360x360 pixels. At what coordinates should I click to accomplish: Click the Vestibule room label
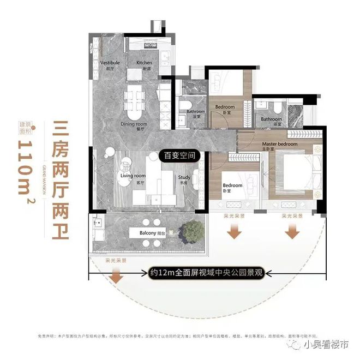[x=110, y=65]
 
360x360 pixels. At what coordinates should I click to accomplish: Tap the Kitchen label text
[x=144, y=65]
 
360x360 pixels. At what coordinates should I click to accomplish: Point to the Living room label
[x=133, y=178]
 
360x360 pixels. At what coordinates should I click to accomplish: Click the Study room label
[x=183, y=179]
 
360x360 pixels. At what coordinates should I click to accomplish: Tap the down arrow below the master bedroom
[x=292, y=232]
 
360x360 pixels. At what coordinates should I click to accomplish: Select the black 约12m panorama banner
[x=207, y=273]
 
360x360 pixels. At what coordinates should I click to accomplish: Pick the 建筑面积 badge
[x=27, y=127]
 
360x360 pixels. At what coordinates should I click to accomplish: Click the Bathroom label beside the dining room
[x=195, y=113]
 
